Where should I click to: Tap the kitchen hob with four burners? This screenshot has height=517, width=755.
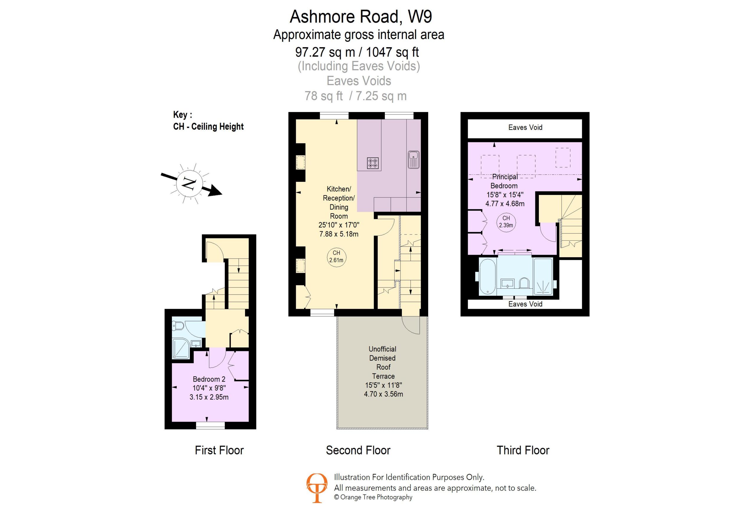click(372, 163)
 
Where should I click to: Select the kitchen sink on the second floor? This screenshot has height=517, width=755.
click(413, 160)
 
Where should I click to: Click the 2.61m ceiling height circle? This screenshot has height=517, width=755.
click(336, 257)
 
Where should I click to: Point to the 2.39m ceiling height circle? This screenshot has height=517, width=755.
click(506, 222)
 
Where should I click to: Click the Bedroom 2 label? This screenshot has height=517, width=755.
click(209, 379)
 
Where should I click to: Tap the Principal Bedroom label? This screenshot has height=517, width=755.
click(505, 181)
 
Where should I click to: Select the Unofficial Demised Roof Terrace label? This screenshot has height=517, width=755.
click(383, 363)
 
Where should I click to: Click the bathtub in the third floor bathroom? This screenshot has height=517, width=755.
click(487, 277)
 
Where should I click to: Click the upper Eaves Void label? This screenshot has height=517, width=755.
click(525, 128)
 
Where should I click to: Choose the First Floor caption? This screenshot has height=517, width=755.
click(219, 450)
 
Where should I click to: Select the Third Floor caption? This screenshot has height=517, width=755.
click(523, 450)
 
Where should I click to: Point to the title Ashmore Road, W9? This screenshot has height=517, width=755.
click(361, 16)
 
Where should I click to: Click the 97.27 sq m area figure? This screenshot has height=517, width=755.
click(325, 52)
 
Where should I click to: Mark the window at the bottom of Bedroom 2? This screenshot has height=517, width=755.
click(210, 425)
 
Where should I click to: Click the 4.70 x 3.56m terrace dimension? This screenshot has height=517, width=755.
click(383, 394)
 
